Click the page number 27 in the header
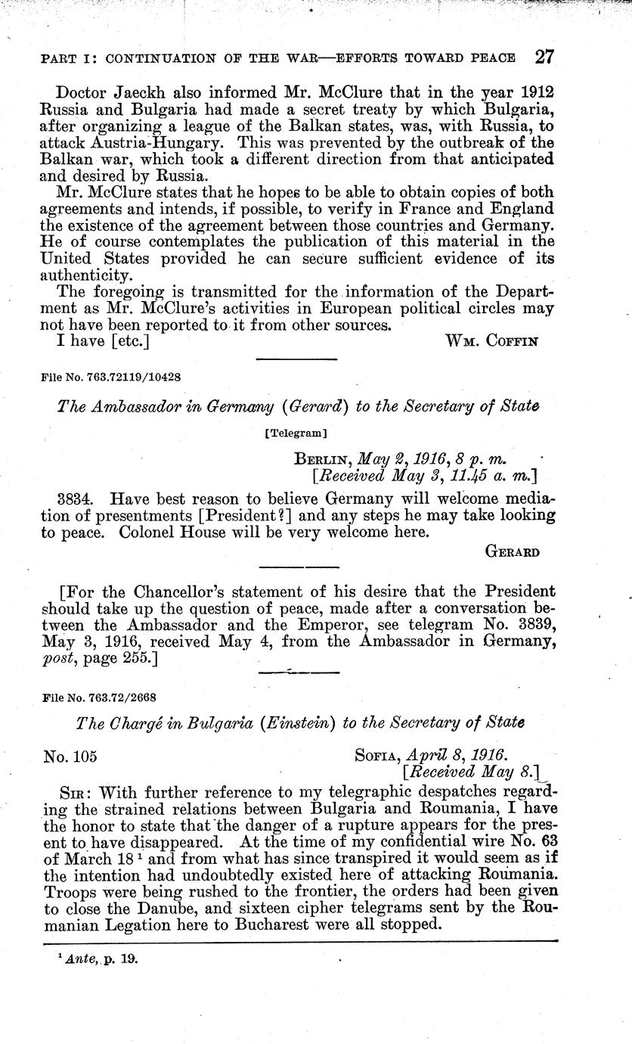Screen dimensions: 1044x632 click(544, 57)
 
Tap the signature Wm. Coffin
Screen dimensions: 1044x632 click(492, 341)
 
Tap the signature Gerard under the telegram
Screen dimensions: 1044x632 click(512, 552)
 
